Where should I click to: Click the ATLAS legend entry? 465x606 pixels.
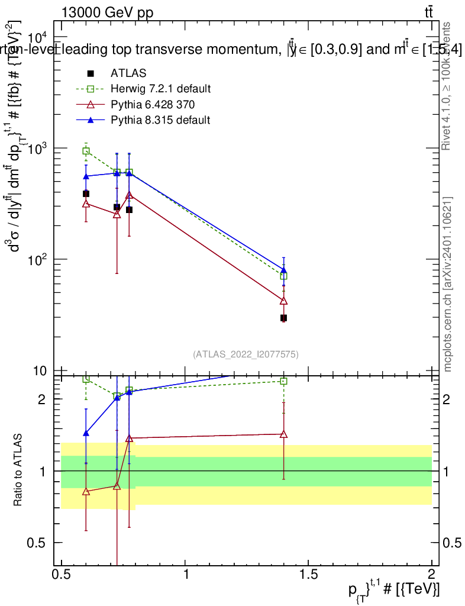coord(128,73)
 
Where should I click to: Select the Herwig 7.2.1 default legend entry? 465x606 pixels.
coord(160,89)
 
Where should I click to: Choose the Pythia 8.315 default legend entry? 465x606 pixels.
coord(160,120)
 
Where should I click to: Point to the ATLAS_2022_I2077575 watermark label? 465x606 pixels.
coord(246,354)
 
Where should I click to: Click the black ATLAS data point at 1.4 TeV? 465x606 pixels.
coord(283,318)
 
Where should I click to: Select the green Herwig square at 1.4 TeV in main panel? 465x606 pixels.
coord(283,276)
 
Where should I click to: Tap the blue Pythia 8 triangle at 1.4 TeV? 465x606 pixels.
coord(283,270)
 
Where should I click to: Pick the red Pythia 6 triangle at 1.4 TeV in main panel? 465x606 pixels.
coord(283,301)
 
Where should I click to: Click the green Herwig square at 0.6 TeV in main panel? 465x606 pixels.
coord(86,151)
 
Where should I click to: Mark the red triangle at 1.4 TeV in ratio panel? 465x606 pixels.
coord(283,434)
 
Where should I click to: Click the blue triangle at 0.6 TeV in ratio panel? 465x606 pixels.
coord(86,433)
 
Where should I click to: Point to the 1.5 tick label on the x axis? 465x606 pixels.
coord(309,574)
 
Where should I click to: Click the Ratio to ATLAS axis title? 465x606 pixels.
coord(18,470)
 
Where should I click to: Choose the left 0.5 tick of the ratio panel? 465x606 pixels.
coord(39,543)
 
